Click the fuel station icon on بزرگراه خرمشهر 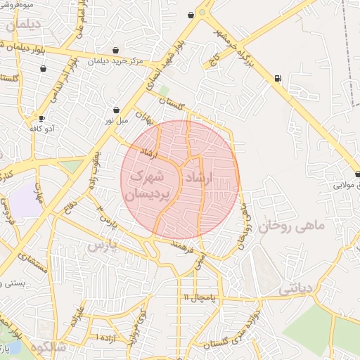(278, 78)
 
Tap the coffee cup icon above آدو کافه (42, 118)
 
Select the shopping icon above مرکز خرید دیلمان (115, 50)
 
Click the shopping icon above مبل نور (116, 110)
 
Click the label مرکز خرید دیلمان (116, 61)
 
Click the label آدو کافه (41, 129)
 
